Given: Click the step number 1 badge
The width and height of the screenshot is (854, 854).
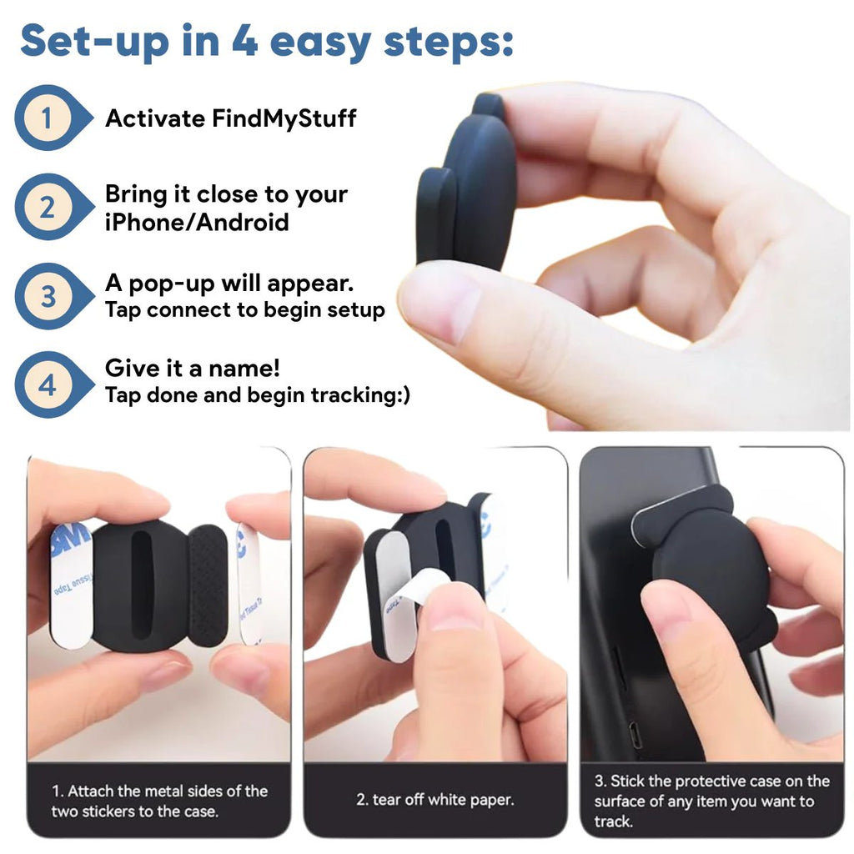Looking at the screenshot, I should click(x=47, y=118).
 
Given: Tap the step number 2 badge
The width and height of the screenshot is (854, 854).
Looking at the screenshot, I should click(x=47, y=207).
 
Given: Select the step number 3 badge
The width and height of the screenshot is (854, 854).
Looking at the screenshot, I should click(x=47, y=296).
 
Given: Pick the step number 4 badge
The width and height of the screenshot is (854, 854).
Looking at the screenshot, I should click(x=47, y=384).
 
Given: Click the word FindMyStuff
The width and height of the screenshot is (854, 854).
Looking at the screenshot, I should click(x=284, y=118).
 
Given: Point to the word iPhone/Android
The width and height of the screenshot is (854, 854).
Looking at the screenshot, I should click(x=197, y=223).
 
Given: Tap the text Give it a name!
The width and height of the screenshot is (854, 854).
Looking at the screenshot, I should click(x=192, y=368).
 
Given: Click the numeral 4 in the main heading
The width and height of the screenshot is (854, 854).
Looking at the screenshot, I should click(x=244, y=40).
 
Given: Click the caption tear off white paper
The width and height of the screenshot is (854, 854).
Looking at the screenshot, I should click(x=435, y=800).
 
